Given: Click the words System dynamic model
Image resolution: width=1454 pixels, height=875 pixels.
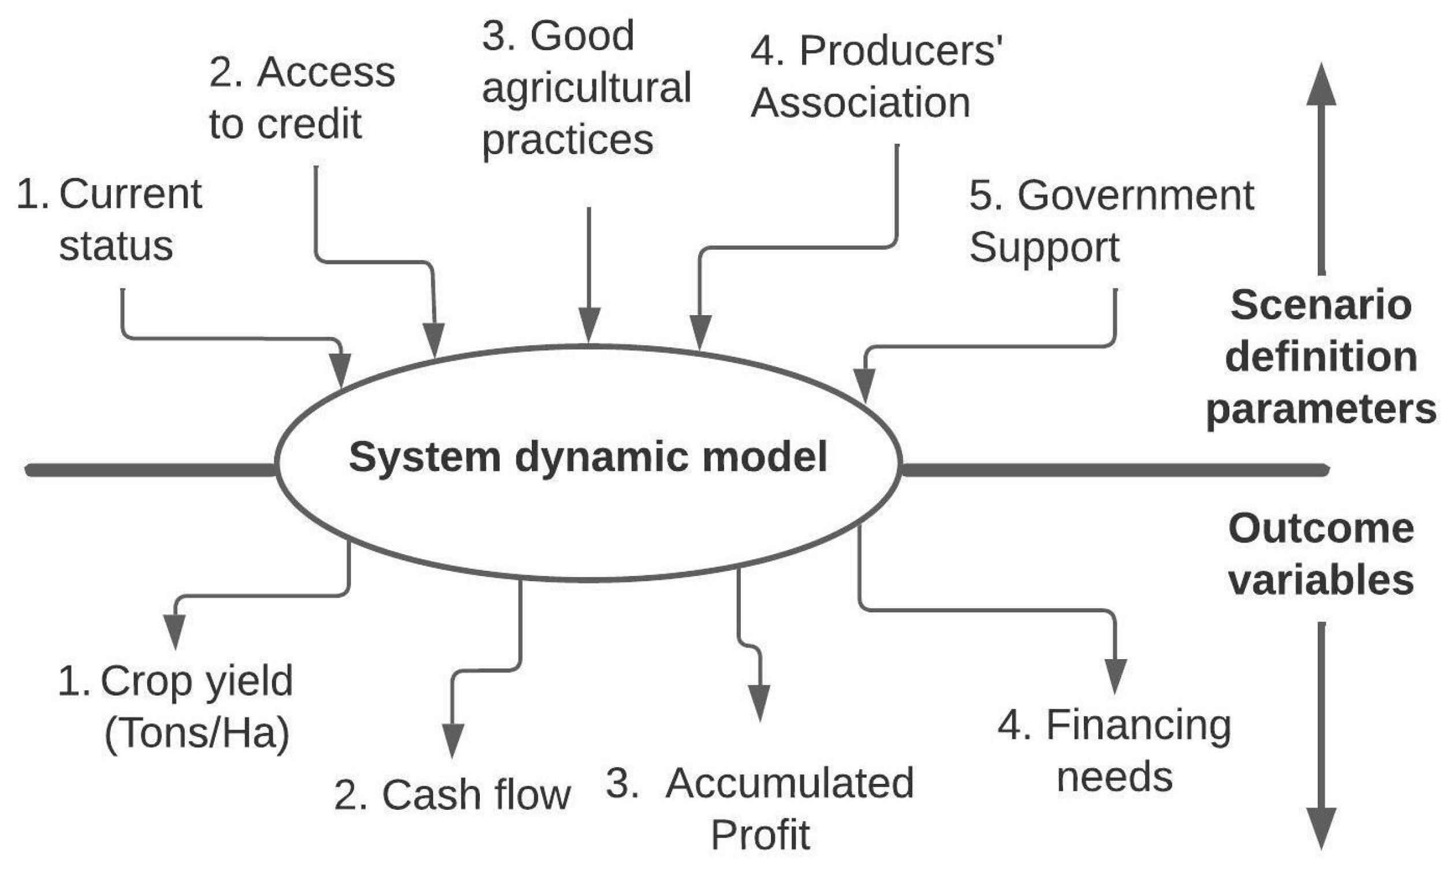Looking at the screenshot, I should point(587,458).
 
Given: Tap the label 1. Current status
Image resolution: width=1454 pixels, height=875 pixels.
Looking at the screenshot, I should point(110,219).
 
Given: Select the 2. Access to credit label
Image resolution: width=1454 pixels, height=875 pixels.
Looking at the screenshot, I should point(301,98).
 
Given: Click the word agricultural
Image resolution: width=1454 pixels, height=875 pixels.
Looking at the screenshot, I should point(586,88).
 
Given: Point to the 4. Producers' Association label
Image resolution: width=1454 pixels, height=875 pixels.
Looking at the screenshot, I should point(875,77).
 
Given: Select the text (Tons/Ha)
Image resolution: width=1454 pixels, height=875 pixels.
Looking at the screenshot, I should point(197,733).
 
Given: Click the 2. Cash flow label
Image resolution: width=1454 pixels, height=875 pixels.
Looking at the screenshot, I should point(452,795).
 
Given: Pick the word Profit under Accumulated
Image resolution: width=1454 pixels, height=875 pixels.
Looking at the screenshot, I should point(760,835).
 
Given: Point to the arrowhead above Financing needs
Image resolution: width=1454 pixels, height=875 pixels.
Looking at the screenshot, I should point(1114,676).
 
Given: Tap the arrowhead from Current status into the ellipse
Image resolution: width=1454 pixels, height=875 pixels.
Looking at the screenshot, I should point(340,371).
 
